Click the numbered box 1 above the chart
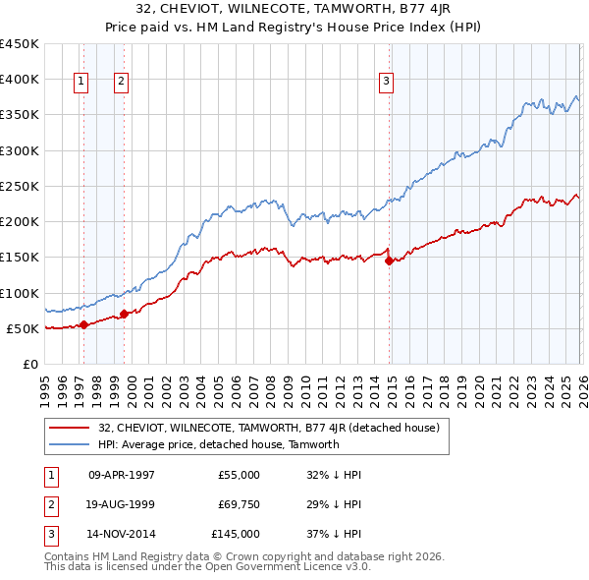coord(80,82)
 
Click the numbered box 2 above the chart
coord(121,82)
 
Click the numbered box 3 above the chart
coord(387,82)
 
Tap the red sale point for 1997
coord(83,324)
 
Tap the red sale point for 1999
coord(125,315)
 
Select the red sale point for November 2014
coord(389,261)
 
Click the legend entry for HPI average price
coord(218,444)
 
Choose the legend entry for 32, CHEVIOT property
coord(274,428)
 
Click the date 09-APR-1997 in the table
coord(122,475)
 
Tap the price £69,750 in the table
coord(239,504)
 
